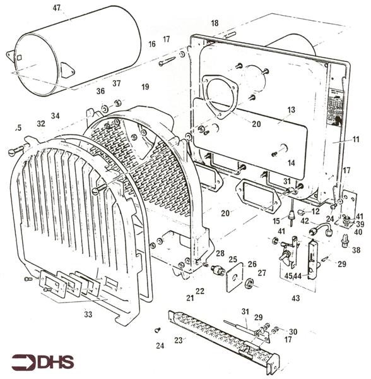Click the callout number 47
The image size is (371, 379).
tap(57, 8)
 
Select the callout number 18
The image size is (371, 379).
tap(215, 23)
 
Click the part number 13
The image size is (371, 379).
tap(291, 110)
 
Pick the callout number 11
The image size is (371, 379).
tap(356, 139)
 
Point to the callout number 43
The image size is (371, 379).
tap(295, 298)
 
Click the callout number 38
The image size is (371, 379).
tap(356, 250)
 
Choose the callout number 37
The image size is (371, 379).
tap(116, 83)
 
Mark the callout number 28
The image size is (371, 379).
tap(220, 253)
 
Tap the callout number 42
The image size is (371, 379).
tap(304, 221)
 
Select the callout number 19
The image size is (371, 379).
tap(145, 86)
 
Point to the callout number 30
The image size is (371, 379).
tap(293, 332)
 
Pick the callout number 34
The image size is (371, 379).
tap(56, 116)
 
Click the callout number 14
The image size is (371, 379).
tap(291, 163)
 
